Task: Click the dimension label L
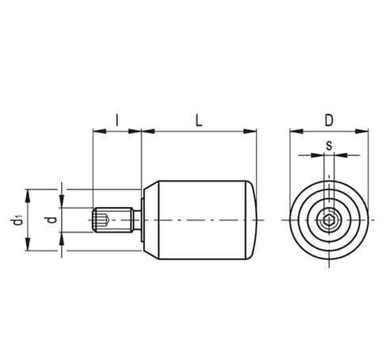click(199, 121)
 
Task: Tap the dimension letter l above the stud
click(117, 121)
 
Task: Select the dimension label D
click(329, 121)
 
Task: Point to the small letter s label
click(329, 146)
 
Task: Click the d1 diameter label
click(18, 220)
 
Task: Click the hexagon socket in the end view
click(329, 220)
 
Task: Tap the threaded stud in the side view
click(113, 220)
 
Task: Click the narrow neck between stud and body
click(137, 220)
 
